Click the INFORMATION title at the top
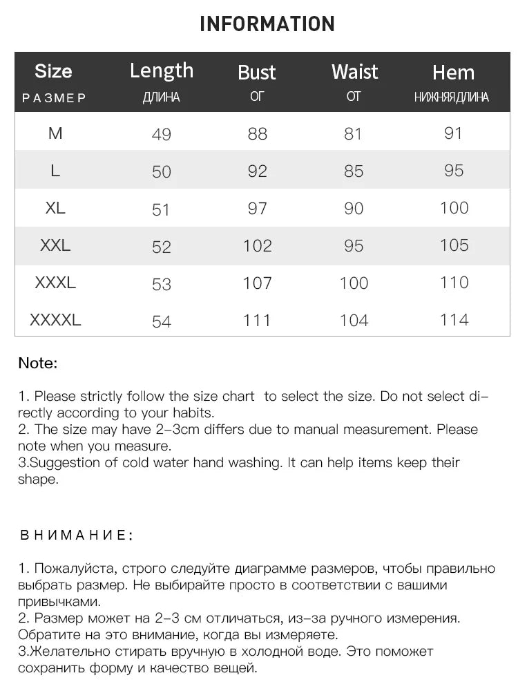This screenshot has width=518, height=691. (x=267, y=23)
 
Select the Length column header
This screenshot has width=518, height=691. (x=162, y=70)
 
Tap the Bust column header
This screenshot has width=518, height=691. (x=256, y=73)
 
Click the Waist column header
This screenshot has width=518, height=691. (x=354, y=72)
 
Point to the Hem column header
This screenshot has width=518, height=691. (x=453, y=73)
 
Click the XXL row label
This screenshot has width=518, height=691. (x=55, y=245)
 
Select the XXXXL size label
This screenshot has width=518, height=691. (x=55, y=320)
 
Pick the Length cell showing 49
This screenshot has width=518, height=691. (x=161, y=134)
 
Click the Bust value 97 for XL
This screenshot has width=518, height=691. (x=257, y=208)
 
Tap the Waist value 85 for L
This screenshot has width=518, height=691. (x=354, y=171)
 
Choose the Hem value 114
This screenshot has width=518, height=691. (x=454, y=320)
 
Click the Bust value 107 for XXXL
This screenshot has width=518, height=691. (x=257, y=283)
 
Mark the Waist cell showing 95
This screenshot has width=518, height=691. (x=354, y=245)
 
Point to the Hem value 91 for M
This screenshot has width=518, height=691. (x=453, y=133)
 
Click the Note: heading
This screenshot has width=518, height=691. (x=37, y=363)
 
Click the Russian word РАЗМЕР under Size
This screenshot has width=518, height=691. (x=54, y=98)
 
